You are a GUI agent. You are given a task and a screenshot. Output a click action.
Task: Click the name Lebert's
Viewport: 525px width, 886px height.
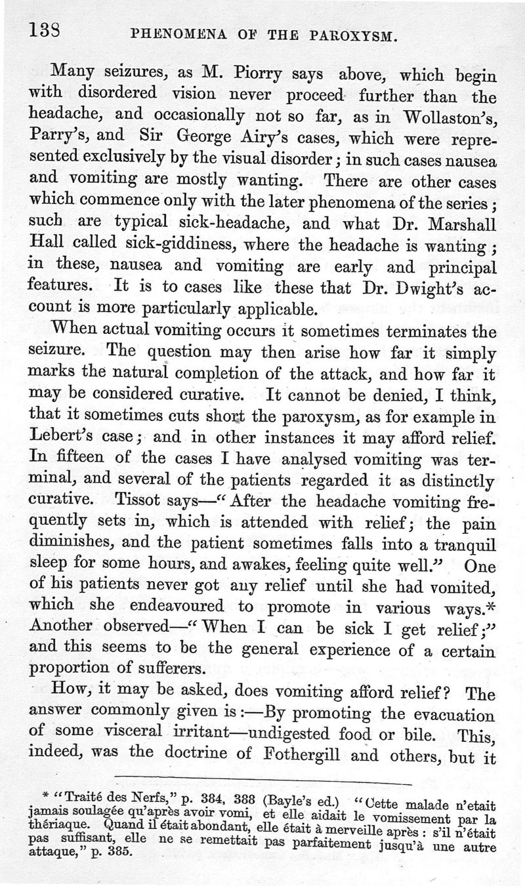click(68, 436)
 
